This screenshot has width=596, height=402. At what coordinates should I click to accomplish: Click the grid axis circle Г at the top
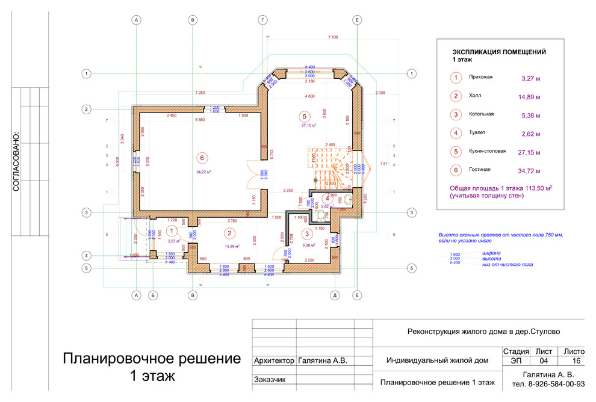262,20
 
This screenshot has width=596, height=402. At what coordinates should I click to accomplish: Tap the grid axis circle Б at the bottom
154,295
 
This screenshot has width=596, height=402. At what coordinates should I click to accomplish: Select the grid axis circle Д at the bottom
334,295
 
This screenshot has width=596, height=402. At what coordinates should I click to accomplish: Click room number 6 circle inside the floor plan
202,157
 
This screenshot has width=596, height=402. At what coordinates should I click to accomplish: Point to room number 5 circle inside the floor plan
305,116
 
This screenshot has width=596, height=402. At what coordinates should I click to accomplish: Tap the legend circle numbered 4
456,133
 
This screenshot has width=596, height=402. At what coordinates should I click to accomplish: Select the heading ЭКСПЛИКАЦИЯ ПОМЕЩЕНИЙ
499,52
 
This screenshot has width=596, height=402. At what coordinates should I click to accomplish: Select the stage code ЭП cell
516,361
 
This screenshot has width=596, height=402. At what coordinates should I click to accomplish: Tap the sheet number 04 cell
543,361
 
